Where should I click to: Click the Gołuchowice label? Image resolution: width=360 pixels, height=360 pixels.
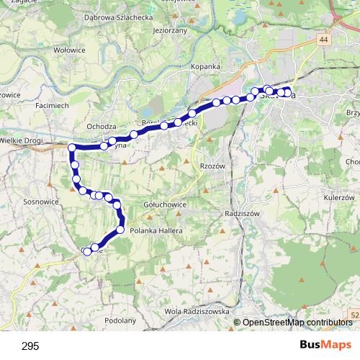coord(165,205)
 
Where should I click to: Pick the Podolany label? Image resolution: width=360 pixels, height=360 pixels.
coord(120,320)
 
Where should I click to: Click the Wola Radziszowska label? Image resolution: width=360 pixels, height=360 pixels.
coord(197,311)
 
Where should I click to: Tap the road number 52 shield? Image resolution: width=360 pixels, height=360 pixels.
coord(354,314)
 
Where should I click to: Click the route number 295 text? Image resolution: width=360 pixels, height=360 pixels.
coord(30,346)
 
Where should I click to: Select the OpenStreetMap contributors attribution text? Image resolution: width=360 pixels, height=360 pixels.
coord(297,323)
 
